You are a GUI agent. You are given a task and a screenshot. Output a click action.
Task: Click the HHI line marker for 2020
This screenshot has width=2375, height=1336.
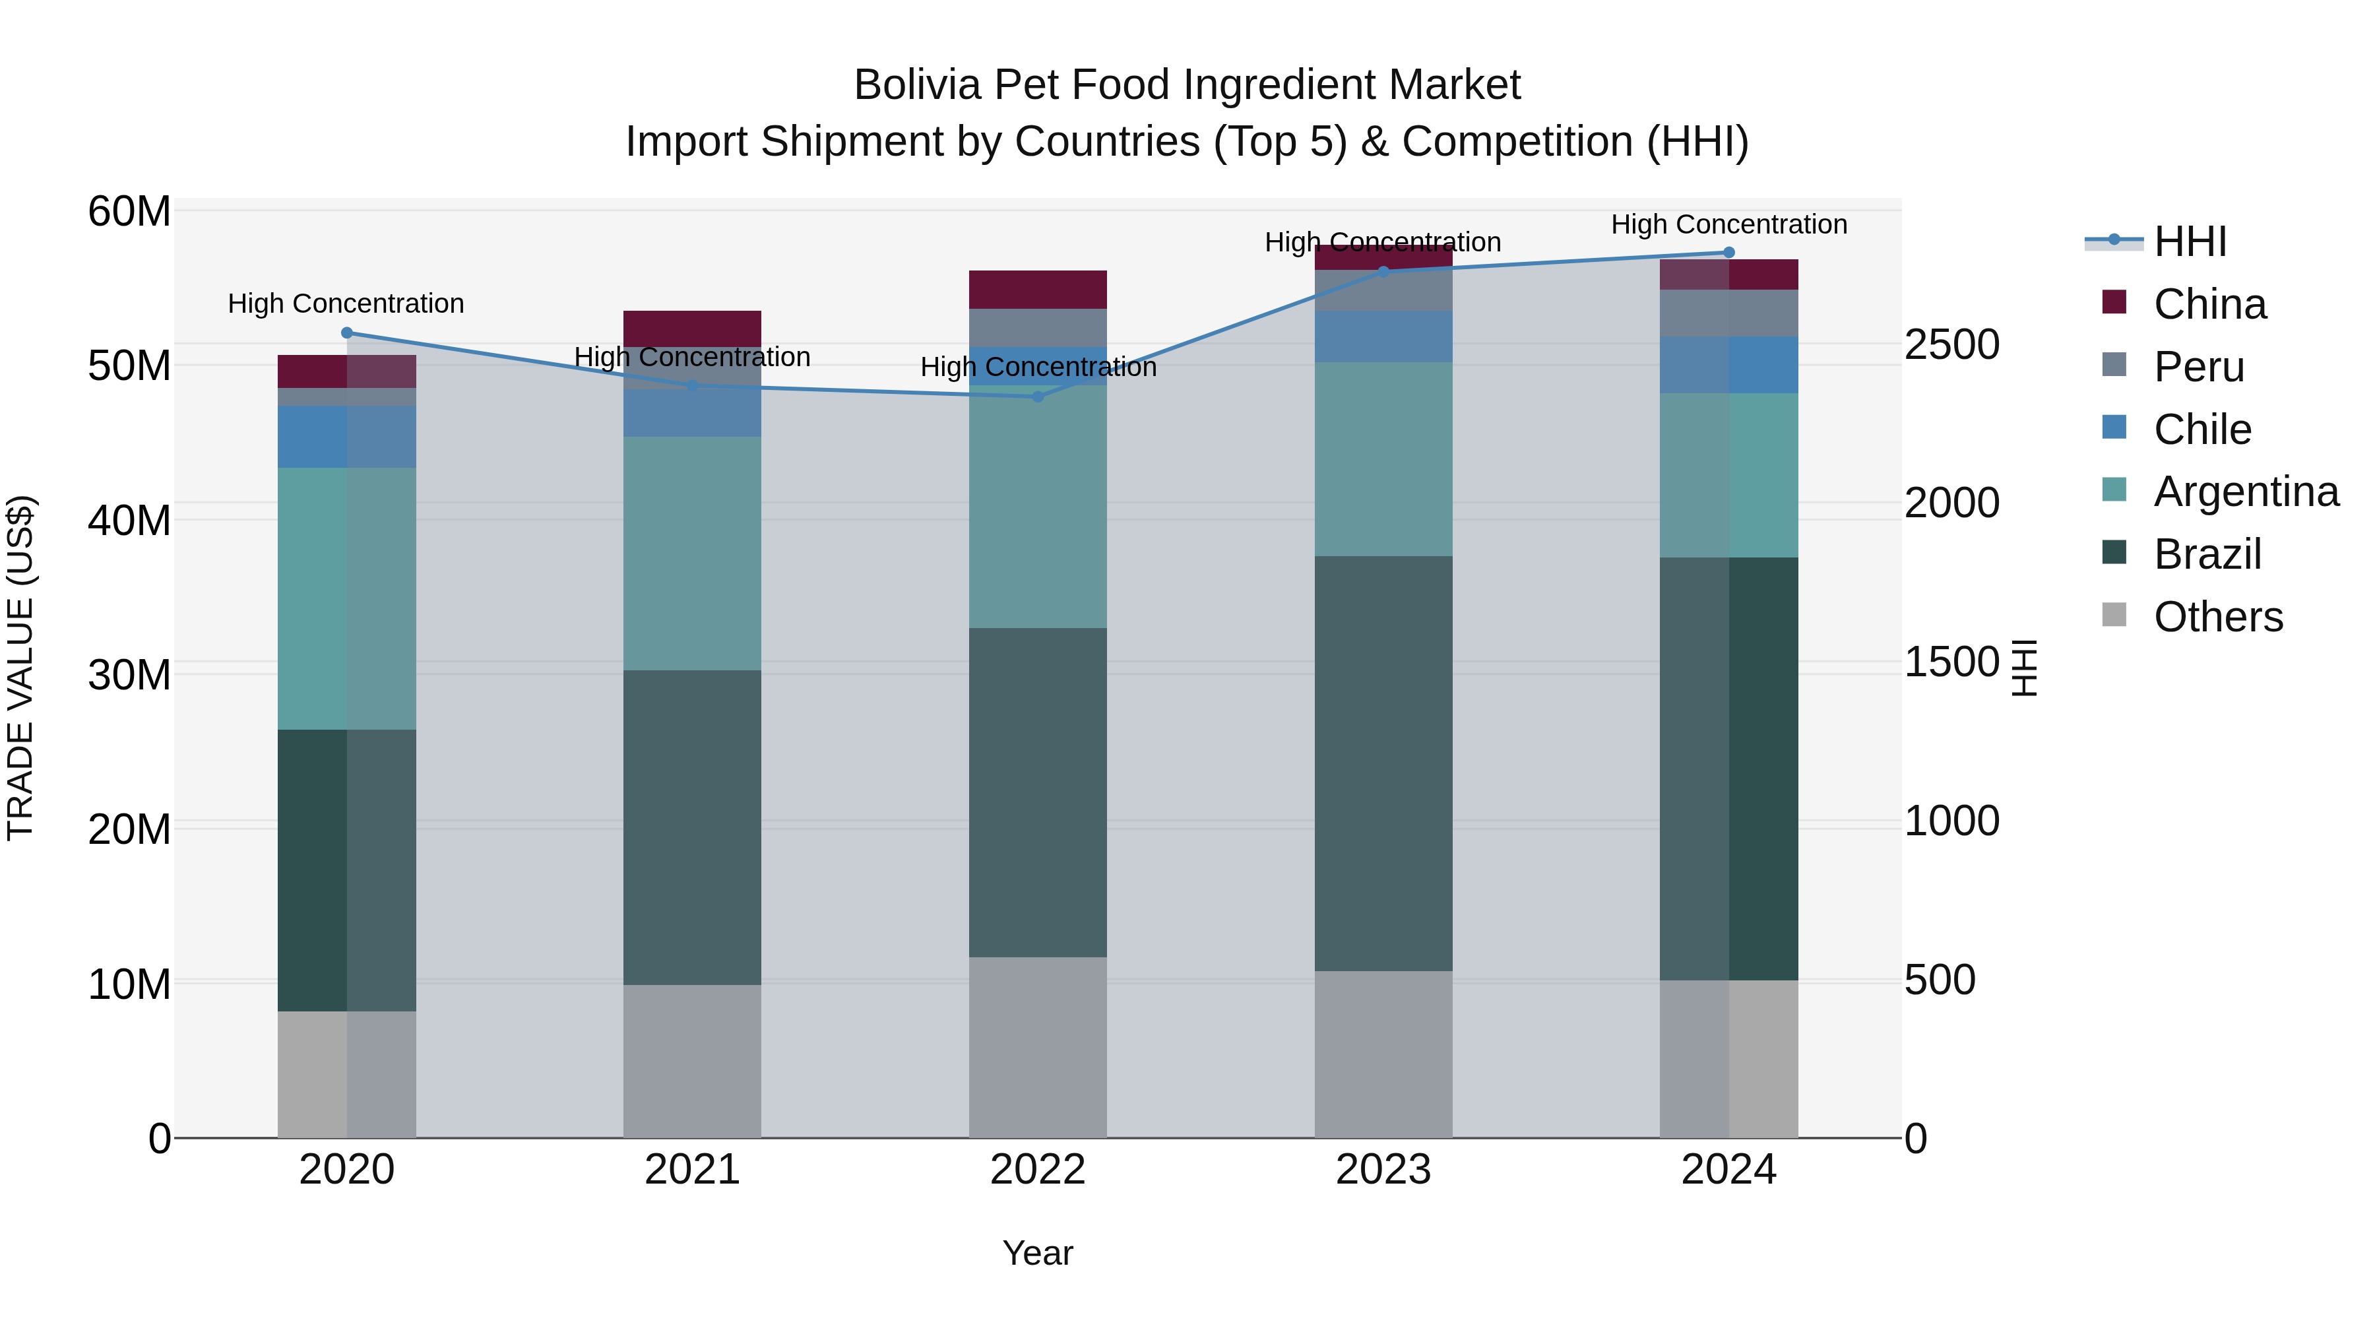[x=346, y=333]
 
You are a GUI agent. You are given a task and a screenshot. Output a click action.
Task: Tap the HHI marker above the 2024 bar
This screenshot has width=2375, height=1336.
[x=1728, y=253]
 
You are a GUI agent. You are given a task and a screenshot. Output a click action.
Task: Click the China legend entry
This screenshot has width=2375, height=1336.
[x=2209, y=304]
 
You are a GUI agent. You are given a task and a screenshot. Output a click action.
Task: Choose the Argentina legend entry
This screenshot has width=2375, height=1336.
[x=2246, y=492]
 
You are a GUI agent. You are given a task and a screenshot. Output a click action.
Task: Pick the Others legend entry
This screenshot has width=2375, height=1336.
[x=2217, y=617]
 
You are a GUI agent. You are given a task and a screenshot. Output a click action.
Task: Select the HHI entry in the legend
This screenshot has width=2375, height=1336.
[x=2190, y=241]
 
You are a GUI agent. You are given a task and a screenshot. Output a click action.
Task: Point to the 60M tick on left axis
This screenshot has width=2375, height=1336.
[x=129, y=212]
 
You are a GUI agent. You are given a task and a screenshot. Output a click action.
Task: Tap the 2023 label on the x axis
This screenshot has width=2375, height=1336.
[x=1383, y=1170]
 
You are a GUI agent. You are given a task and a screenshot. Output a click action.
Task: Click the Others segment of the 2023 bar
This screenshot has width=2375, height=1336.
[x=1383, y=1054]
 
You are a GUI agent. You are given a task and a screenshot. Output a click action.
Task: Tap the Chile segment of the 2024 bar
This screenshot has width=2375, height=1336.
[x=1728, y=365]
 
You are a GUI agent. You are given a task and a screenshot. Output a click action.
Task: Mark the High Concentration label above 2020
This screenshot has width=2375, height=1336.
[x=346, y=303]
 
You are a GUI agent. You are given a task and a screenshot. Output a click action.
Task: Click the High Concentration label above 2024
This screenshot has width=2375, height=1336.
[x=1728, y=224]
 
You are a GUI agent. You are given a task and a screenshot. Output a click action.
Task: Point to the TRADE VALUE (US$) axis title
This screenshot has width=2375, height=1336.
[x=20, y=668]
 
